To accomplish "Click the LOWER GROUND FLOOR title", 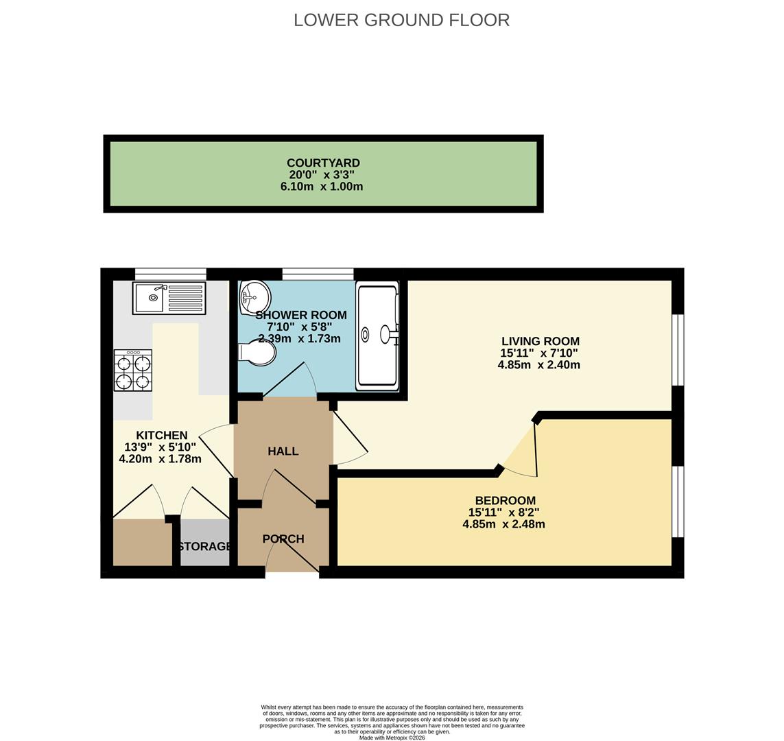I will [x=401, y=20].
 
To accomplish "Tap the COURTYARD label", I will [x=323, y=163].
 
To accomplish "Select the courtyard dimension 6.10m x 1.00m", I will [x=322, y=187].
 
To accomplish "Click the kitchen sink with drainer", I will [x=169, y=298].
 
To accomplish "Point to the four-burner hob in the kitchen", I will [x=133, y=371].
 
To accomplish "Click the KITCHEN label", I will [x=162, y=436].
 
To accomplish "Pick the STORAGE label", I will [x=204, y=546].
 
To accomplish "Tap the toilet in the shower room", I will [x=259, y=353].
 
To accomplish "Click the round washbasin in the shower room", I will [x=254, y=297].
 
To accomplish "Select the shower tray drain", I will [x=365, y=335].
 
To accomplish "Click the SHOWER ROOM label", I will [x=301, y=316].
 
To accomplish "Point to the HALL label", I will [x=283, y=451].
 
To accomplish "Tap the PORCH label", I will [x=283, y=539].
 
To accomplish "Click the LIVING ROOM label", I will [x=541, y=342].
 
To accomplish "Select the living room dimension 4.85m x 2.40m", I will [x=539, y=365].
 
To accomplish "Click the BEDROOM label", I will [x=506, y=501].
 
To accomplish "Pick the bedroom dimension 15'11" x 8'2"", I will [x=504, y=513].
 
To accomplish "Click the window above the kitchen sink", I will [x=171, y=274].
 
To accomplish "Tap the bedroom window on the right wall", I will [x=678, y=502].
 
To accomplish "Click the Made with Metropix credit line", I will [x=392, y=738].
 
